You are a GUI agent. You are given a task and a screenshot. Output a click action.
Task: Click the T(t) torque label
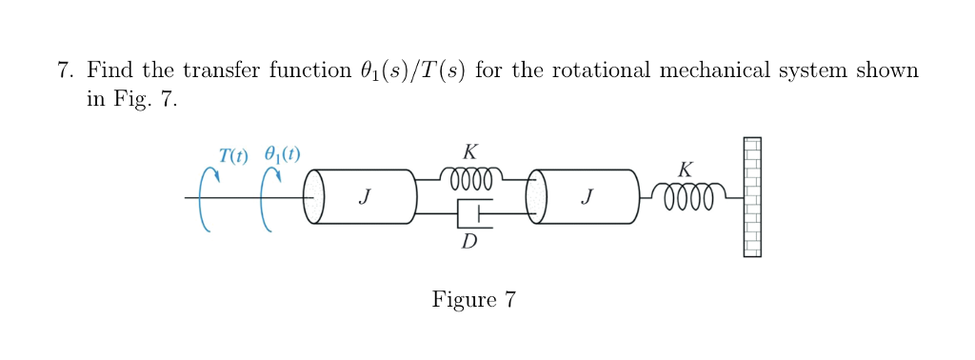click(x=233, y=155)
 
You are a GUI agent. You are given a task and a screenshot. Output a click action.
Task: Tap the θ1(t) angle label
click(x=282, y=154)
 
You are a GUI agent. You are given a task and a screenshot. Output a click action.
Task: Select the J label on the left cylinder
click(x=365, y=197)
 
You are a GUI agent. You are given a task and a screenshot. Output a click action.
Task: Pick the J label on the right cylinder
click(x=587, y=197)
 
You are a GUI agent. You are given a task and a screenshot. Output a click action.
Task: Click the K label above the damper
click(x=469, y=151)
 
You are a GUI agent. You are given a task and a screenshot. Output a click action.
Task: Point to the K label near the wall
click(x=686, y=170)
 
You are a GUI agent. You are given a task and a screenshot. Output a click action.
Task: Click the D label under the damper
click(x=468, y=242)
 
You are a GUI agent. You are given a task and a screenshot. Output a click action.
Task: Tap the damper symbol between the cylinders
click(x=473, y=214)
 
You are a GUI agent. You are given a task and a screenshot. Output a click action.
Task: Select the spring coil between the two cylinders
click(x=469, y=177)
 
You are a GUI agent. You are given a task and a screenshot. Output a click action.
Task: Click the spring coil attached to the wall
click(x=688, y=195)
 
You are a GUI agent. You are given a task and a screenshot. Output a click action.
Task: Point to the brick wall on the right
click(x=752, y=197)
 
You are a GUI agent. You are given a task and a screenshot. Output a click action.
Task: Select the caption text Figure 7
click(x=473, y=300)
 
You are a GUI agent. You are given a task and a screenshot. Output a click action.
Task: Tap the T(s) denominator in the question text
click(x=447, y=71)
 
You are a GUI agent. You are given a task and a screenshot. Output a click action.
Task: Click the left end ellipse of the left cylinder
click(x=313, y=197)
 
